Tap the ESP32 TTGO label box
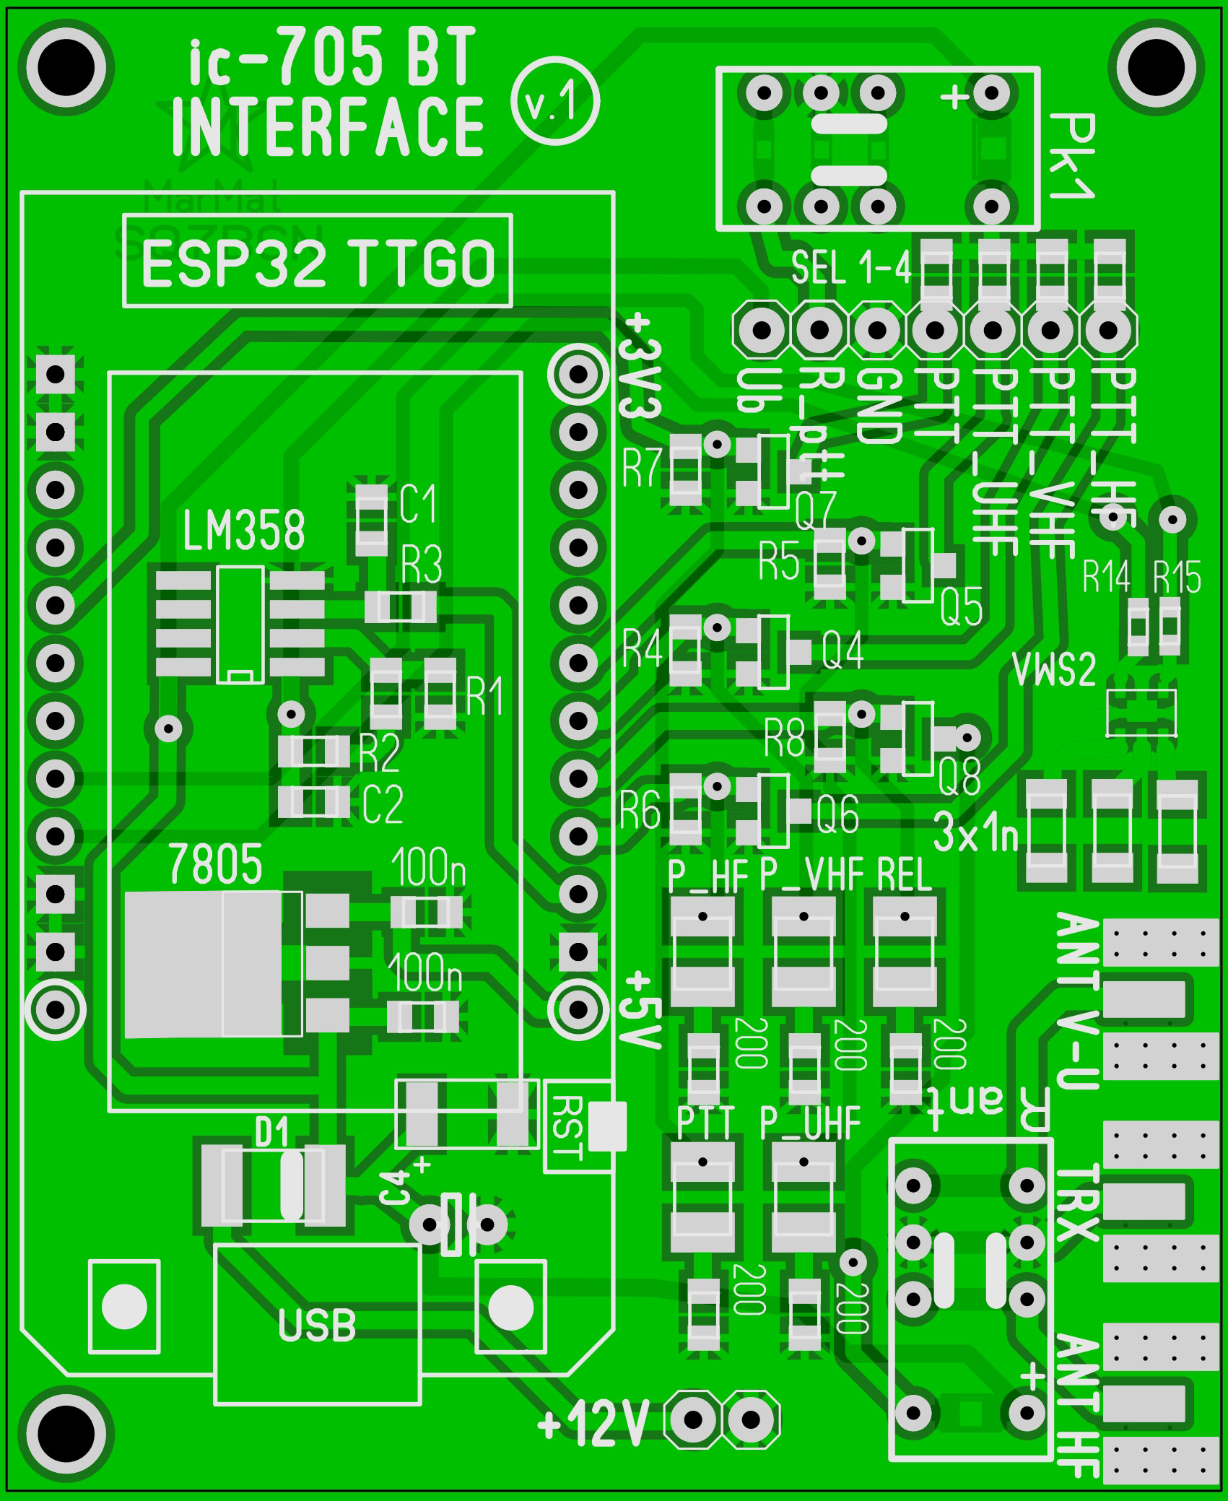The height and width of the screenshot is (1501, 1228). [318, 261]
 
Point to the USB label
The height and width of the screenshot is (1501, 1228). [318, 1326]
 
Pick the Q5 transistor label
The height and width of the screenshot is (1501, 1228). [962, 607]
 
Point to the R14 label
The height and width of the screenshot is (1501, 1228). [1107, 577]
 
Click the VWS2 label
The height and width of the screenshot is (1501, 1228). [1055, 669]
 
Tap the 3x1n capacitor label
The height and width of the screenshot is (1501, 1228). [976, 832]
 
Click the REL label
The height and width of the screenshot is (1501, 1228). [905, 876]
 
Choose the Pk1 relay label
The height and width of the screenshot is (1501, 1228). [1072, 156]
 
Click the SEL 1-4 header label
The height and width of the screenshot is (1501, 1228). [852, 269]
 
